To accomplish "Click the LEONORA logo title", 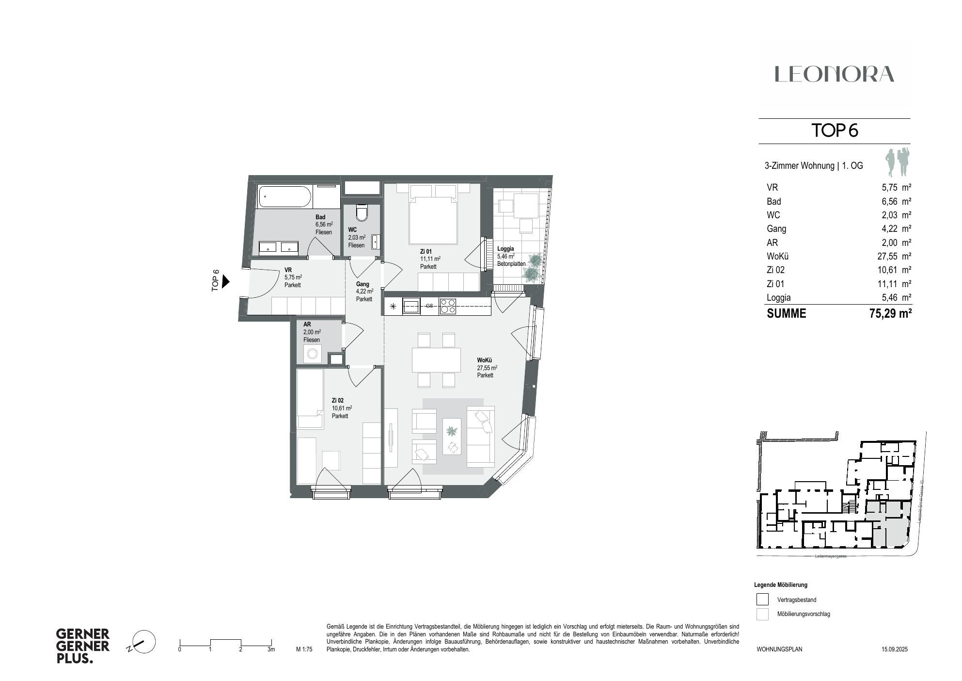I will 834,74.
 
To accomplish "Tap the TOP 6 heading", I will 835,130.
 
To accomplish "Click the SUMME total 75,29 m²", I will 890,313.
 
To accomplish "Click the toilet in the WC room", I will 362,212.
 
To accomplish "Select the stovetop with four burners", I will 447,306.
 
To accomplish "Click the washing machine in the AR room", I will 312,355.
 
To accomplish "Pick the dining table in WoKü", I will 436,360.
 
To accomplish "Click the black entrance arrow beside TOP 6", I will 225,281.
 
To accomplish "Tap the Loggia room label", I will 505,249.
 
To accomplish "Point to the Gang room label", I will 363,284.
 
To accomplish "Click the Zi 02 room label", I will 338,401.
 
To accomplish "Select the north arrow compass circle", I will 144,642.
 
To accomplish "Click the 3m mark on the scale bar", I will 271,649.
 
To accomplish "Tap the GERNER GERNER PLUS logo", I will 83,646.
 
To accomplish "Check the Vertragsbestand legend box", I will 762,600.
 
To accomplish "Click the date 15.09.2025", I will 894,649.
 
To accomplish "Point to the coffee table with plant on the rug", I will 452,436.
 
